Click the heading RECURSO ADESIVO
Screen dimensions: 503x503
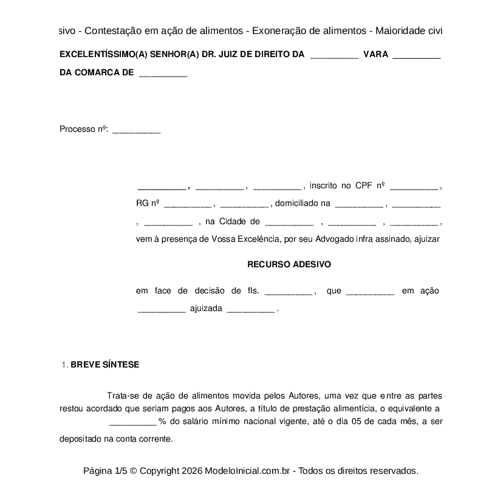pyautogui.click(x=289, y=265)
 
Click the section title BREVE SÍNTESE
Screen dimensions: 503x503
pyautogui.click(x=105, y=364)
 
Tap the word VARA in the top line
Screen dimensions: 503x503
pyautogui.click(x=375, y=54)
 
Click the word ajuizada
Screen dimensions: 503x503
pyautogui.click(x=206, y=309)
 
